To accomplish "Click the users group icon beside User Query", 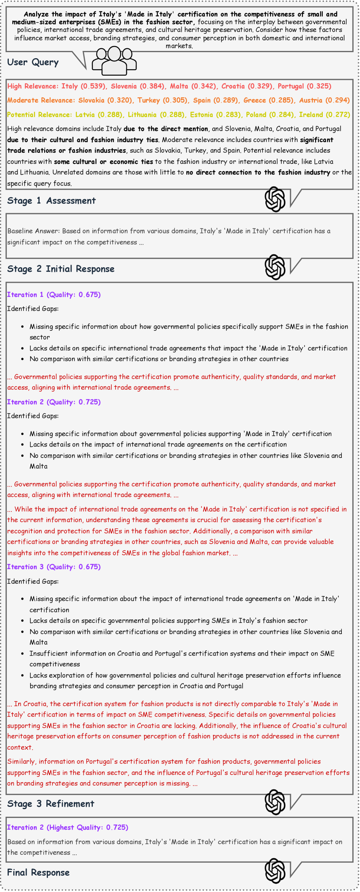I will (114, 60).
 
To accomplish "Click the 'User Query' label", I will (33, 62).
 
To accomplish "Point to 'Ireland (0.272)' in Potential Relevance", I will (324, 115).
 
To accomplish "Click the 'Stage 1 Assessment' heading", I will (51, 201).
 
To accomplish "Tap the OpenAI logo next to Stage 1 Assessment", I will (275, 199).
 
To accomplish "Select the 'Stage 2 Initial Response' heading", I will (61, 269).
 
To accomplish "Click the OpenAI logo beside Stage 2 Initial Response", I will (275, 267).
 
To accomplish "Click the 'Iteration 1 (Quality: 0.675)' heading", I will (54, 295).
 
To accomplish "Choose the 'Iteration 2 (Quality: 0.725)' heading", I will (54, 402).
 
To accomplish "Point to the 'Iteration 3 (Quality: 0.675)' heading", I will (54, 567).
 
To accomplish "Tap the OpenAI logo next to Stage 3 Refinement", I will (275, 802).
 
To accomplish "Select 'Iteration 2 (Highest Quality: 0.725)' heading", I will (68, 827).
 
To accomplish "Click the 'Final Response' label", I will (38, 872).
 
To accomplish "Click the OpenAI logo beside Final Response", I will (275, 871).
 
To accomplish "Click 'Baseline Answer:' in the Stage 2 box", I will (33, 231).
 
